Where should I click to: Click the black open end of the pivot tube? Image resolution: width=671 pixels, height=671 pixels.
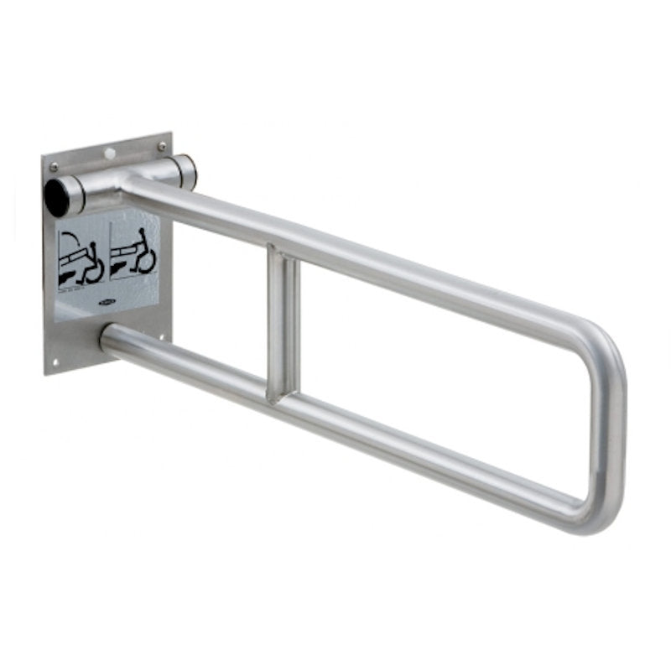(56, 196)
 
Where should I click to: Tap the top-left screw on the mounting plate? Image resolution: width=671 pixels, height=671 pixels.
(55, 167)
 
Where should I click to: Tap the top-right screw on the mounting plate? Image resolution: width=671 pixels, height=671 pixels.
(162, 146)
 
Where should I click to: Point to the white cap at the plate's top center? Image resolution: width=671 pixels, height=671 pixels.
(109, 153)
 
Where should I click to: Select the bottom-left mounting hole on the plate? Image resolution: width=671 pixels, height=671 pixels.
(55, 362)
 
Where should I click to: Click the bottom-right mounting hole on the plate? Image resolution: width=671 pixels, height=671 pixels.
(162, 337)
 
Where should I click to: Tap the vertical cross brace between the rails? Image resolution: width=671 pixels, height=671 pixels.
(283, 323)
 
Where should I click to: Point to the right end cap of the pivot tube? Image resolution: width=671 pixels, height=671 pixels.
(186, 171)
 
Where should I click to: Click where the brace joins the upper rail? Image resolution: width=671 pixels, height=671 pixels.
(282, 252)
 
